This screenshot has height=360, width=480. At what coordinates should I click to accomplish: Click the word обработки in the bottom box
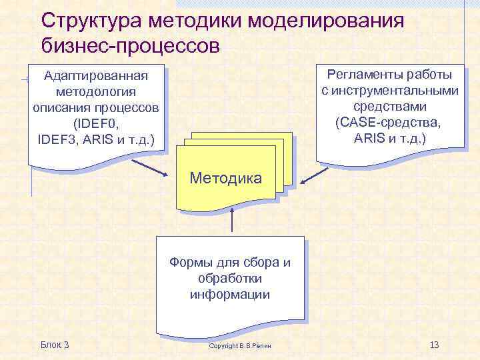click(230, 278)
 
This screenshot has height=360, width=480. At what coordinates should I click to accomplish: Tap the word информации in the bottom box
click(230, 294)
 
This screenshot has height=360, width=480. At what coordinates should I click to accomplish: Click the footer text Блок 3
click(55, 345)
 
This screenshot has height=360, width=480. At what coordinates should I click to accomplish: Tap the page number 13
click(434, 345)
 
